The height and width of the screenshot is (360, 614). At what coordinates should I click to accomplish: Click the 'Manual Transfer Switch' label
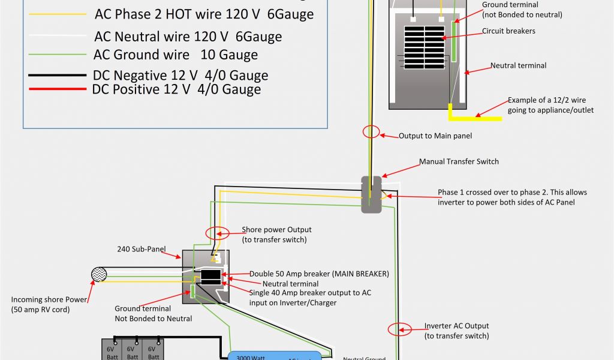tap(459, 161)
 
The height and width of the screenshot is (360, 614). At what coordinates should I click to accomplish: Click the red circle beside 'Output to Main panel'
tap(371, 132)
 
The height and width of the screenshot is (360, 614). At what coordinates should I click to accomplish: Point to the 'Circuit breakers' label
tap(508, 31)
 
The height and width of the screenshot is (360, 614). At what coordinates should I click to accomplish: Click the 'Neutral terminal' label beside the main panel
tap(518, 65)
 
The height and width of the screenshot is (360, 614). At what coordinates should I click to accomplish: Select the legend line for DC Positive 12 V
tap(57, 90)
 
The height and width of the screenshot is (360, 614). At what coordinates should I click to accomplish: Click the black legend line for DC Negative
tap(57, 76)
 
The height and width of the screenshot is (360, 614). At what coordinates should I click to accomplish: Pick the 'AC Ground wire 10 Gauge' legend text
tap(176, 55)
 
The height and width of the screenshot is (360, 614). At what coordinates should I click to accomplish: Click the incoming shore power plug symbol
tap(98, 275)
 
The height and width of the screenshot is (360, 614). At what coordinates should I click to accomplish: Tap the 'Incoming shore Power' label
tap(49, 304)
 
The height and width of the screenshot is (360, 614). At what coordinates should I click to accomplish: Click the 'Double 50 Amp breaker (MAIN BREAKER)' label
tap(319, 274)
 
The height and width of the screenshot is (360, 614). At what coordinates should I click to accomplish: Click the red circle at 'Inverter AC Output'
tap(400, 329)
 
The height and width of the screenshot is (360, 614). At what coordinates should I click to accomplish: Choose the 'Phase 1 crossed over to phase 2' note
tap(512, 197)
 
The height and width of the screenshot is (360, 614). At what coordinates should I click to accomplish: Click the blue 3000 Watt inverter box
tap(275, 355)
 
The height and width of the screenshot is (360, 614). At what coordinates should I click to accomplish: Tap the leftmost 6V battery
tap(112, 350)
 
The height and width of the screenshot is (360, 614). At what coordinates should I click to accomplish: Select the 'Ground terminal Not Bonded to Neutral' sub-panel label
tap(153, 313)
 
